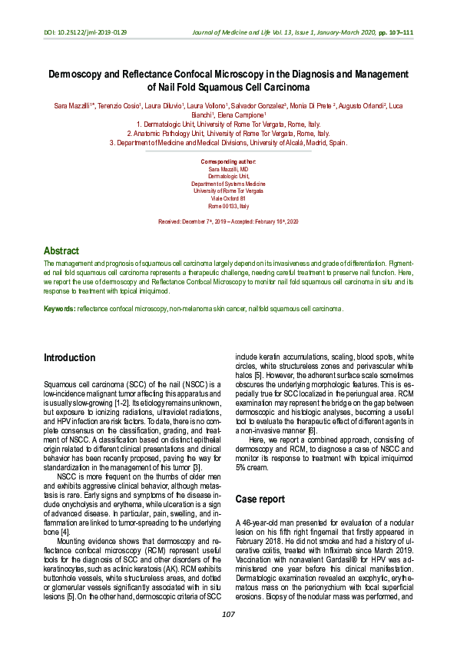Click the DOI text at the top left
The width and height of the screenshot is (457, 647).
point(85,32)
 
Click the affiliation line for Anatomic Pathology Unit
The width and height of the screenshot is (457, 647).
point(228,133)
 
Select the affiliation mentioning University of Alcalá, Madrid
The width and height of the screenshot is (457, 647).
point(228,142)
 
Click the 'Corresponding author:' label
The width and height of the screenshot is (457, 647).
point(228,162)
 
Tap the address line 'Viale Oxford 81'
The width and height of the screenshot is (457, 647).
point(228,198)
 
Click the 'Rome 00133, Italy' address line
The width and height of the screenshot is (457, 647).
point(228,206)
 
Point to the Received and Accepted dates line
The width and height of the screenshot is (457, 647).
point(228,221)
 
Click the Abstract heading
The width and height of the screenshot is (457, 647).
point(61,251)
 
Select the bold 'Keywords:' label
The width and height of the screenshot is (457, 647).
point(59,308)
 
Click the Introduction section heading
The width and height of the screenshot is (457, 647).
point(69,358)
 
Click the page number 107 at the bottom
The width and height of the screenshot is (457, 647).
point(228,614)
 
